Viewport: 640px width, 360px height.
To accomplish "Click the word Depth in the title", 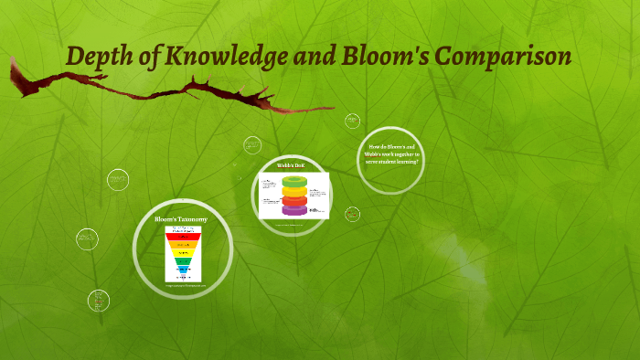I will click(x=95, y=57).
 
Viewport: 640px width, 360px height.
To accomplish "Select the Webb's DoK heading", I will click(x=292, y=165).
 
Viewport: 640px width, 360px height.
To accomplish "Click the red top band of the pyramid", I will click(x=183, y=235).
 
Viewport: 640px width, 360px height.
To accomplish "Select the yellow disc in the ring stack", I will click(x=293, y=192).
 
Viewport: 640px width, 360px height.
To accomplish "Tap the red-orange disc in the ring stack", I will click(x=293, y=201).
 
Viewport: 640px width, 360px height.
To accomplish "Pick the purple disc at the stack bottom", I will click(x=293, y=211).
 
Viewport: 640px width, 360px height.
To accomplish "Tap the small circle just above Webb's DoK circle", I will click(x=252, y=144).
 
